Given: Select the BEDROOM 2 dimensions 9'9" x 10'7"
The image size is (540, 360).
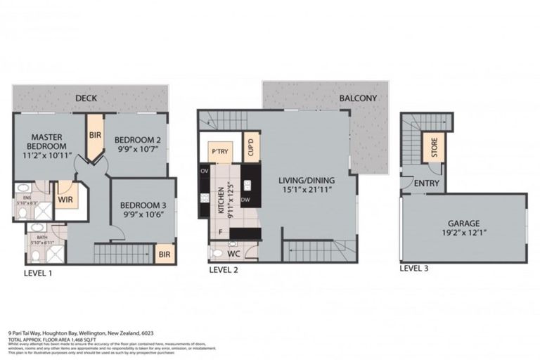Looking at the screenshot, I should (x=139, y=149).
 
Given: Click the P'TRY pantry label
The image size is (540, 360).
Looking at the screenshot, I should (x=219, y=151).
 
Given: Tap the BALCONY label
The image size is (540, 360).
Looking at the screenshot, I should (x=358, y=98).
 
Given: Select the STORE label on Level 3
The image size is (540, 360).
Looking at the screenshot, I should (x=434, y=150).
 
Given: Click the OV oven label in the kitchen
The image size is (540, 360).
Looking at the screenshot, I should (x=205, y=171).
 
